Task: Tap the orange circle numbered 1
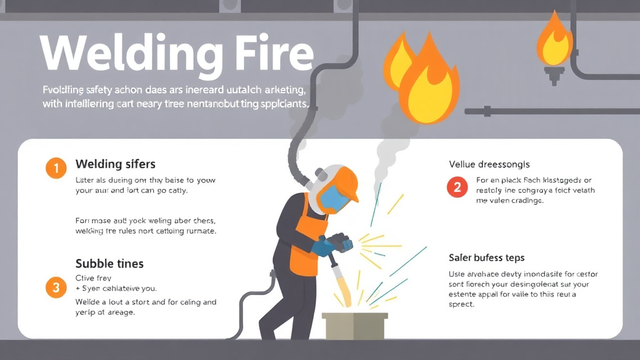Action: (x=56, y=167)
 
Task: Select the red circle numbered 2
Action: (x=457, y=187)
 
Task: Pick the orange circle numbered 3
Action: (x=56, y=287)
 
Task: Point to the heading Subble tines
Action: (x=109, y=263)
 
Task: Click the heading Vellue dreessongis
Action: (x=489, y=164)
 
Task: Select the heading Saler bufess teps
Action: (x=486, y=257)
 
